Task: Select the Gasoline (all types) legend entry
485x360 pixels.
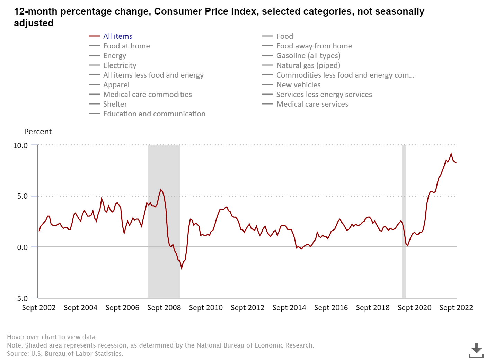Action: tap(308, 56)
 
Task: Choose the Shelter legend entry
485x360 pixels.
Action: tap(115, 104)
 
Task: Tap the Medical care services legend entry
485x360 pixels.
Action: tap(312, 104)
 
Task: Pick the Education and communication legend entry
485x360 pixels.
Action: tap(154, 114)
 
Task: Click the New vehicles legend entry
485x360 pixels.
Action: tap(298, 85)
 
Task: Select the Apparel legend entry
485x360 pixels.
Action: tap(116, 85)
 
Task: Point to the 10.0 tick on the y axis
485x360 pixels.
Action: tap(20, 146)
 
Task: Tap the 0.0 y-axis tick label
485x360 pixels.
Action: tap(22, 247)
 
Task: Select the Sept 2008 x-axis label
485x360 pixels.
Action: tap(164, 308)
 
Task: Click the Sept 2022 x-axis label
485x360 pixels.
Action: tap(456, 308)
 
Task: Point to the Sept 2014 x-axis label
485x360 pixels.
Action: tap(289, 308)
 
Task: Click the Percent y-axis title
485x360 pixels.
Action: tap(38, 132)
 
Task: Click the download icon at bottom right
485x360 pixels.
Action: tap(476, 350)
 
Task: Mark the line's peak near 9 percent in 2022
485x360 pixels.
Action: tap(451, 154)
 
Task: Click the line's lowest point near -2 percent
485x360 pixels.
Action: tap(182, 268)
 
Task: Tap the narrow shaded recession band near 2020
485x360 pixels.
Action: tap(404, 222)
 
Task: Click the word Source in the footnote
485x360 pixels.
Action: tap(18, 354)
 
